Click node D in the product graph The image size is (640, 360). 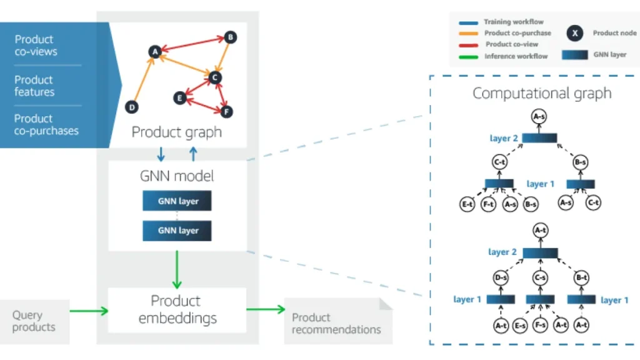pos(132,107)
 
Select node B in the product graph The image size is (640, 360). pos(231,37)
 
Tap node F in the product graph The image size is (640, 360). pos(227,112)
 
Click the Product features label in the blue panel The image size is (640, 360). pos(34,86)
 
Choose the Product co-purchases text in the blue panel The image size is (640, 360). pos(46,124)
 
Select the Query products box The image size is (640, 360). pos(34,321)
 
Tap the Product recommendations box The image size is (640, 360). pos(336,323)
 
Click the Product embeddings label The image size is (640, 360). pos(177,309)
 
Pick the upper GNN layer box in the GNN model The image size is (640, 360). pos(177,201)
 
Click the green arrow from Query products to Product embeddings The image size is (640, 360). pos(88,309)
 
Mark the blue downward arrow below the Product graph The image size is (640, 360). pos(161,154)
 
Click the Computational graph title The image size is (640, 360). pos(541,94)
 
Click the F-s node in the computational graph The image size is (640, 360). pos(541,326)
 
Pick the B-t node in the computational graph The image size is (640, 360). pos(581,277)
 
